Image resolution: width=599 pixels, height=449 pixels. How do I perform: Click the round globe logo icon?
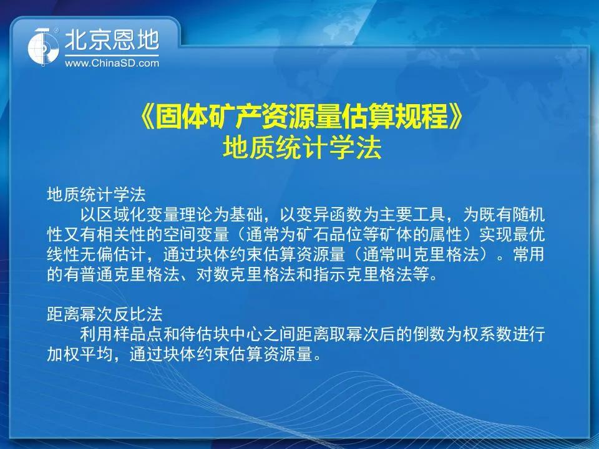click(x=43, y=47)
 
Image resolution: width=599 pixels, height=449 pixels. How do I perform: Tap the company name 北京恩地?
click(x=112, y=41)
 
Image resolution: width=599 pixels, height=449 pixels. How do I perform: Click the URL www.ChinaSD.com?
click(x=112, y=63)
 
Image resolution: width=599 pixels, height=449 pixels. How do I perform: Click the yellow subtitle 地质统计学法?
click(x=302, y=148)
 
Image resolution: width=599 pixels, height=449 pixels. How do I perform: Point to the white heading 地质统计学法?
click(x=96, y=195)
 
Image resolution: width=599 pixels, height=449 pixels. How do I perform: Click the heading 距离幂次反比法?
click(x=105, y=314)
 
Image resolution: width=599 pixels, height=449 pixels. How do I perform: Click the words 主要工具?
click(x=412, y=215)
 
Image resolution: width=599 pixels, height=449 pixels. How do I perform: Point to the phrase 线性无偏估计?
click(x=96, y=254)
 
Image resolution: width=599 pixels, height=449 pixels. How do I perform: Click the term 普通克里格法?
click(x=130, y=274)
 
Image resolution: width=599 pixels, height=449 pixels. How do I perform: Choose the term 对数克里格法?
click(x=246, y=274)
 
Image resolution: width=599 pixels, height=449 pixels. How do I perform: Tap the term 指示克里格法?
click(x=362, y=274)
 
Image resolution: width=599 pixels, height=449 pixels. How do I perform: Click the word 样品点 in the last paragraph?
click(x=138, y=334)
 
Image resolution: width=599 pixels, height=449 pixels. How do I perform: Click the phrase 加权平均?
click(x=79, y=354)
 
